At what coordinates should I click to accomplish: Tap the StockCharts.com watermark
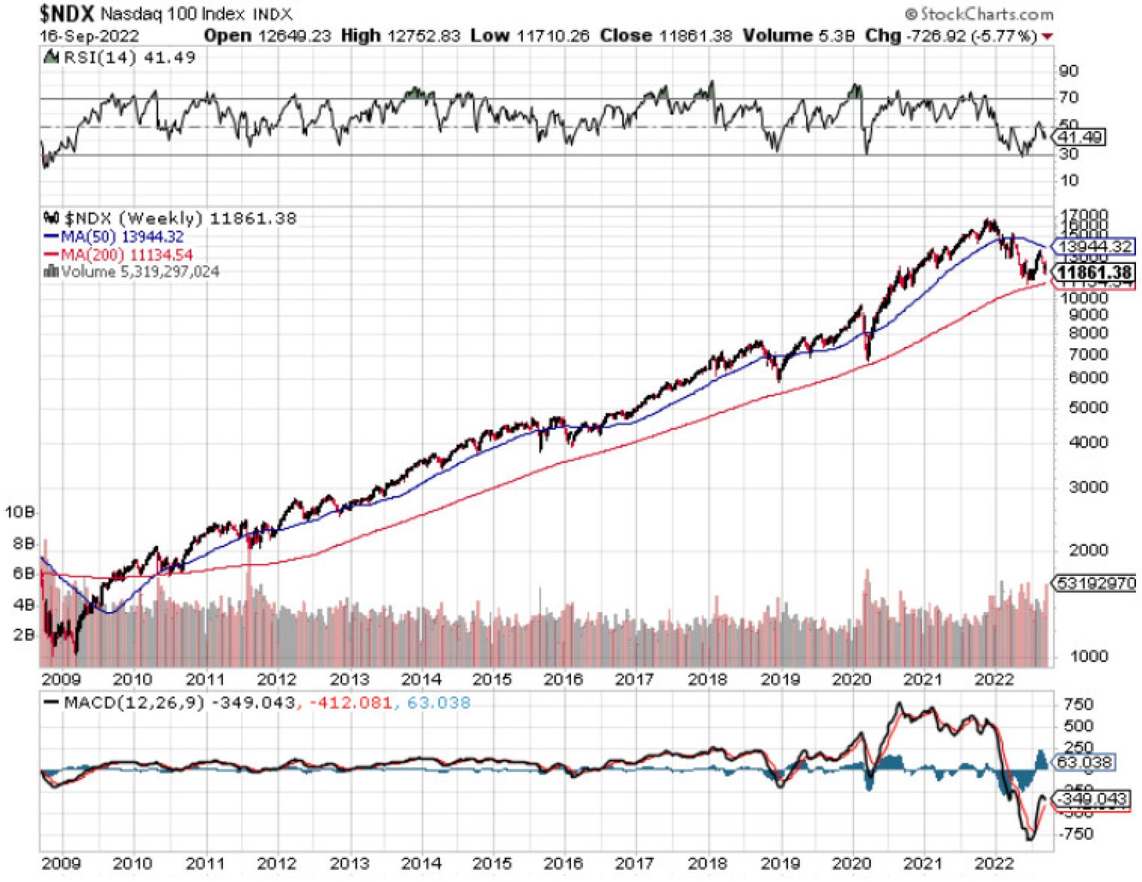click(x=979, y=14)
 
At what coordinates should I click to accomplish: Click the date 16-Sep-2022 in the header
click(x=90, y=36)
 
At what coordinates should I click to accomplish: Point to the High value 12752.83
click(x=426, y=35)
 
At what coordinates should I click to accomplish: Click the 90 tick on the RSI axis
click(x=1068, y=71)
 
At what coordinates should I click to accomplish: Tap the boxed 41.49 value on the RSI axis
click(x=1078, y=137)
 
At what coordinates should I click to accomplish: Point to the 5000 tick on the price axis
click(x=1088, y=408)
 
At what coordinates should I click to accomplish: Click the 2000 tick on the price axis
click(x=1088, y=550)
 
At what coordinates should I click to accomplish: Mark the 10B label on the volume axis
click(x=19, y=512)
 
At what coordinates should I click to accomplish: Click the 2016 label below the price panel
click(x=563, y=680)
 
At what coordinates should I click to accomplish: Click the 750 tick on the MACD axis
click(x=1078, y=705)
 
